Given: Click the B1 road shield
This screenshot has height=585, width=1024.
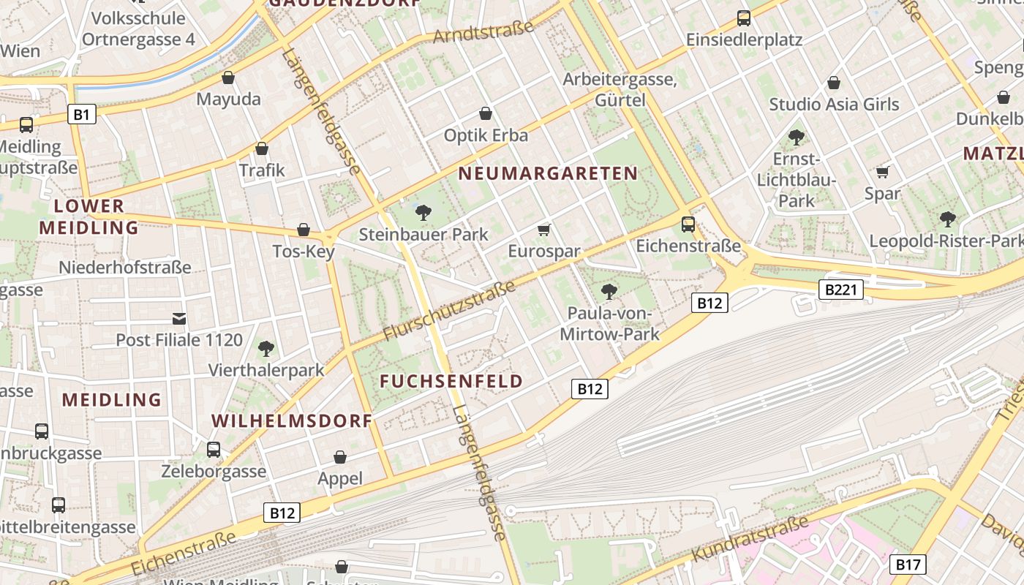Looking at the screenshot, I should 82,114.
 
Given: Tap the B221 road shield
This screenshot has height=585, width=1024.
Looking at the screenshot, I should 840,290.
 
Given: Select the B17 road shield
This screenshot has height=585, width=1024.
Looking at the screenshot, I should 908,565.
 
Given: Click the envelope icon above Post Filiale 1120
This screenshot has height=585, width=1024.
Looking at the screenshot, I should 179,318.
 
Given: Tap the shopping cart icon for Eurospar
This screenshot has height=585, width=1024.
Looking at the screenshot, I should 543,230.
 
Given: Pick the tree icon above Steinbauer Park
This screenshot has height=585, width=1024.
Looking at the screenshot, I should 423,213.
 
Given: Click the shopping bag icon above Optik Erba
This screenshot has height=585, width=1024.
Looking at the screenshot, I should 485,113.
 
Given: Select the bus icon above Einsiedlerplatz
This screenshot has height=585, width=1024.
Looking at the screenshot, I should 744,18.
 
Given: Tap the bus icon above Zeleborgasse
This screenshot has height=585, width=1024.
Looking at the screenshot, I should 214,449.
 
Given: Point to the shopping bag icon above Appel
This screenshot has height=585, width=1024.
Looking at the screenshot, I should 340,457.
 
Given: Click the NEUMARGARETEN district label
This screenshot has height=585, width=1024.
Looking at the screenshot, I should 548,174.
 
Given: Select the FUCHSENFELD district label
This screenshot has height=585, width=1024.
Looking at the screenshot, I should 451,382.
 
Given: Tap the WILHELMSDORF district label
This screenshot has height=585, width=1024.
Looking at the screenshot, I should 292,421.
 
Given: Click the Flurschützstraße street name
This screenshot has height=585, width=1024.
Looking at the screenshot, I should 449,311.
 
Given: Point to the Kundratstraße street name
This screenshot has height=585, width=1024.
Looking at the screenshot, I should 750,539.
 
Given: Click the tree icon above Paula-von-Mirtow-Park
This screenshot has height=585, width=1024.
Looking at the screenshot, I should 609,292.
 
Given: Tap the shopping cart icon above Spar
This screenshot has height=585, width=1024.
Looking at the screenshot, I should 882,173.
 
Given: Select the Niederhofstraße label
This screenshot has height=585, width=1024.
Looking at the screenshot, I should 124,268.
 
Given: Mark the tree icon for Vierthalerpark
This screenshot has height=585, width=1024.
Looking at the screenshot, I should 266,348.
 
